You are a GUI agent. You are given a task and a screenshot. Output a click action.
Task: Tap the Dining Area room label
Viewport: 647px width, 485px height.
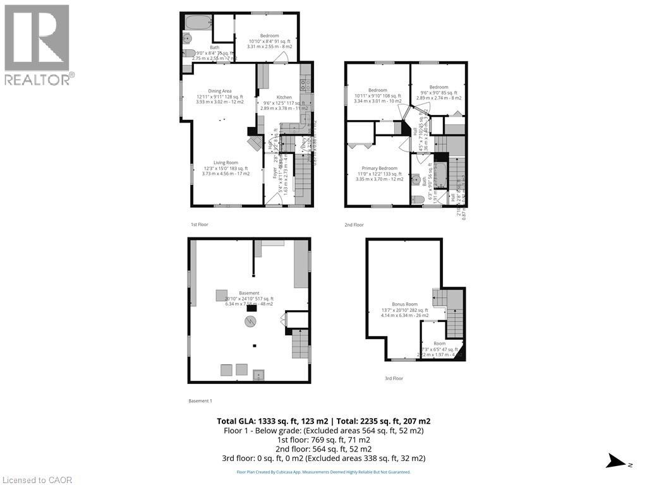(x=219, y=91)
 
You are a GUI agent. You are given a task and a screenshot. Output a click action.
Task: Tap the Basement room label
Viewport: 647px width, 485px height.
(x=249, y=293)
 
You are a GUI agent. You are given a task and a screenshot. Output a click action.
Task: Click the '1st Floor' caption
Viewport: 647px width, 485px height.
(x=199, y=224)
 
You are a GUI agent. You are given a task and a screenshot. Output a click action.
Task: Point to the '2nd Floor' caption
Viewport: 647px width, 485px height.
(x=354, y=224)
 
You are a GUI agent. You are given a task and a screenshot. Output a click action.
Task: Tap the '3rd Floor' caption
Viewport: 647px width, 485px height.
(x=394, y=378)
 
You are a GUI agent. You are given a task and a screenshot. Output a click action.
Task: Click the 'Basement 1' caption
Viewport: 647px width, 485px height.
(x=200, y=401)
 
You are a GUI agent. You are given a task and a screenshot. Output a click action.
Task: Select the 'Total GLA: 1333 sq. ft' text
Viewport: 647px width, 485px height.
(x=267, y=421)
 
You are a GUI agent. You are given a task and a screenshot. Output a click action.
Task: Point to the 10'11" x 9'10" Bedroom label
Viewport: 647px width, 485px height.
(x=377, y=90)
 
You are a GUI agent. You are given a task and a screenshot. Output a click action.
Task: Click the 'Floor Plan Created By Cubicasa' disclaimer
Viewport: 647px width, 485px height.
(x=323, y=472)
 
